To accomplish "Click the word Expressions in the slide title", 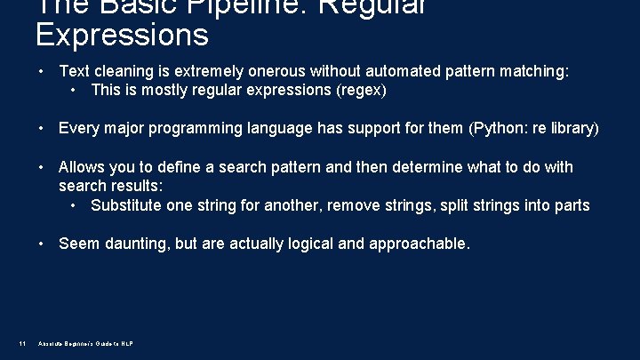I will [x=122, y=35].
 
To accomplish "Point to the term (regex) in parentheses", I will [x=361, y=90].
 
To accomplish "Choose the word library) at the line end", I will [x=576, y=128].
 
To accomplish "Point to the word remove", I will [x=354, y=205].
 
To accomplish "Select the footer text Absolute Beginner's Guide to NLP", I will [x=86, y=344].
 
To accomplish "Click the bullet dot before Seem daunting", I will [x=41, y=244].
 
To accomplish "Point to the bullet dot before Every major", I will [x=41, y=128].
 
